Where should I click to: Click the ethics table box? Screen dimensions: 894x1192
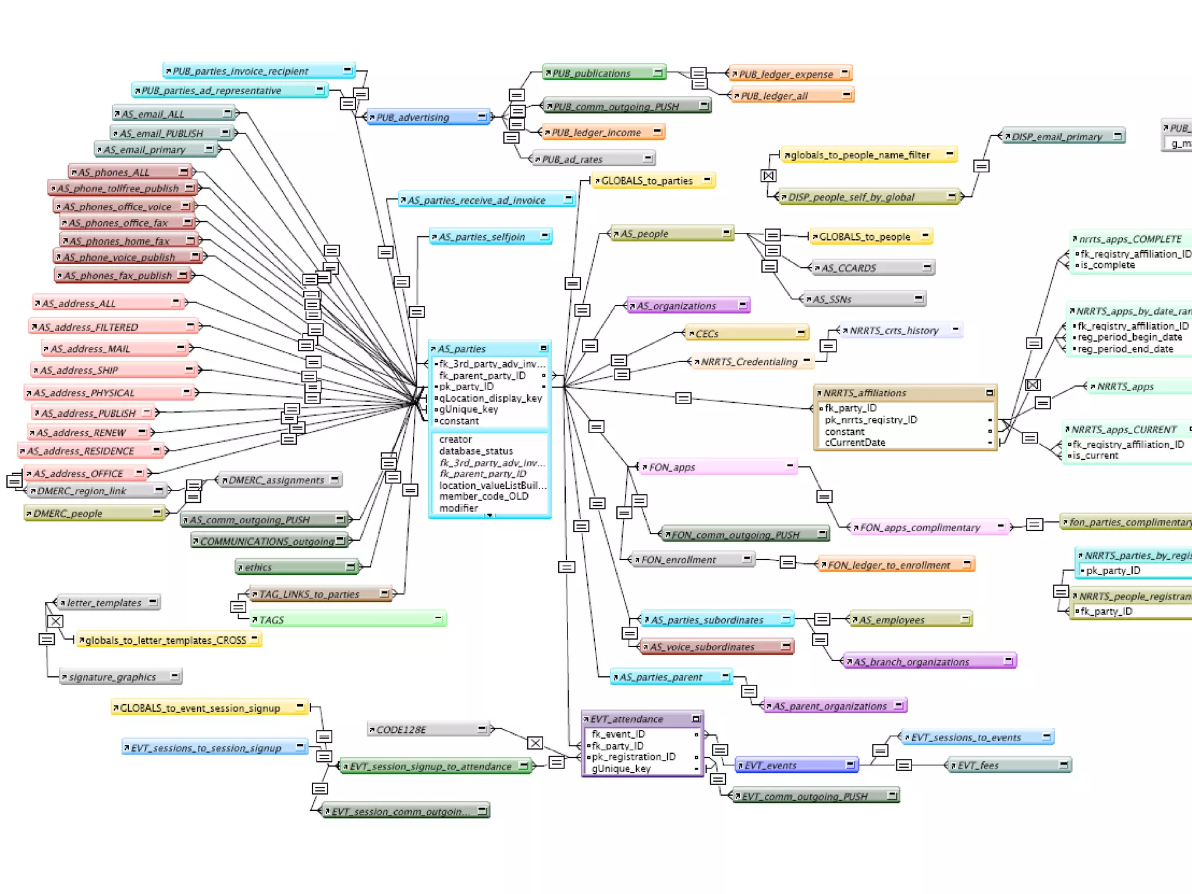(x=297, y=567)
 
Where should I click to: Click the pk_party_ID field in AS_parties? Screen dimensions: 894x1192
(x=466, y=386)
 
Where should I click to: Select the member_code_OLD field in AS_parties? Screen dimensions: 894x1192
(x=484, y=496)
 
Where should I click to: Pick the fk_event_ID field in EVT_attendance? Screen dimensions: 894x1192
(x=618, y=734)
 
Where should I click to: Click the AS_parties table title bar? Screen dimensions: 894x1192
(x=489, y=349)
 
